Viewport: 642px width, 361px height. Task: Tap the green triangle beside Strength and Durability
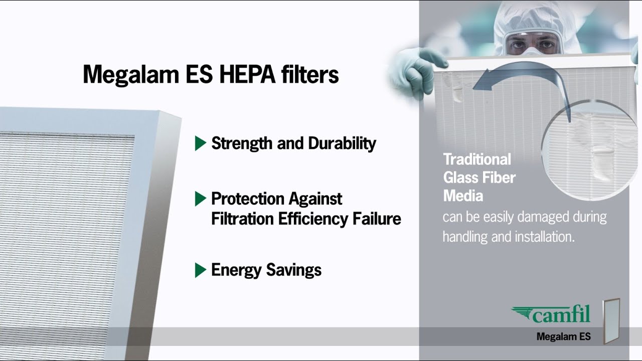point(200,143)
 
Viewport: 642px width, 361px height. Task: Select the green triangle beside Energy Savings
point(200,270)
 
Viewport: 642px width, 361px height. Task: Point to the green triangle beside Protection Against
point(200,199)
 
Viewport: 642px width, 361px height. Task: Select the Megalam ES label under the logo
point(563,336)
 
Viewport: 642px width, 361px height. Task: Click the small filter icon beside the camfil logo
point(612,321)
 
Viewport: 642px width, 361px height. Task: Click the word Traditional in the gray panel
point(477,159)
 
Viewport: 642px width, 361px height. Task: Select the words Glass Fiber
point(479,177)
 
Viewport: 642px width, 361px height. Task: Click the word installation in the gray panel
point(543,237)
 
